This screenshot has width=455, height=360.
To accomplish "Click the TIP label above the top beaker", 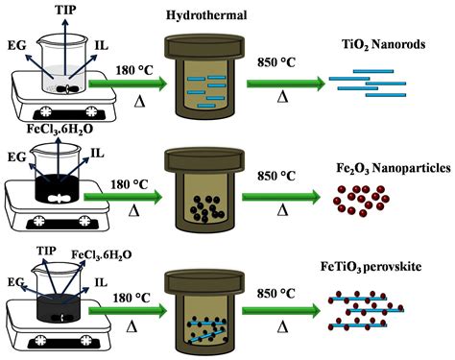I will pos(67,10).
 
